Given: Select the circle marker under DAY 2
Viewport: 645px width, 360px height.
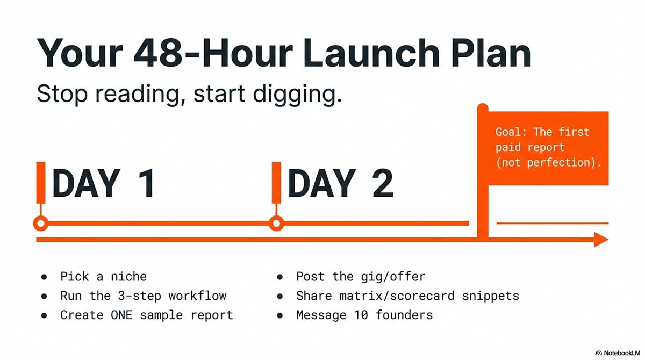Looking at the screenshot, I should coord(276,223).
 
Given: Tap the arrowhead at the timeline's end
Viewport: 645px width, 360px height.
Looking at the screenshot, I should coord(600,240).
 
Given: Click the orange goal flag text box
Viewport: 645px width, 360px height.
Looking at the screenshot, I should coord(548,147).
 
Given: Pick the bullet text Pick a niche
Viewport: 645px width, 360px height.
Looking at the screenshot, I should coord(103,277).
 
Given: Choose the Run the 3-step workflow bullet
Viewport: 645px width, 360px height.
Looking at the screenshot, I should coord(143,296).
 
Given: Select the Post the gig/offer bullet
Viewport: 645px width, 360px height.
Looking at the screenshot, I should coord(360,277).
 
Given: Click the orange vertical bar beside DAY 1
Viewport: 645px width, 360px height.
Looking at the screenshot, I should coord(40,181).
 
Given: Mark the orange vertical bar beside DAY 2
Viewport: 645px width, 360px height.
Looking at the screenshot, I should coord(276,181).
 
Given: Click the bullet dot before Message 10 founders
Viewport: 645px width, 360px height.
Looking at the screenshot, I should coord(280,315).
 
